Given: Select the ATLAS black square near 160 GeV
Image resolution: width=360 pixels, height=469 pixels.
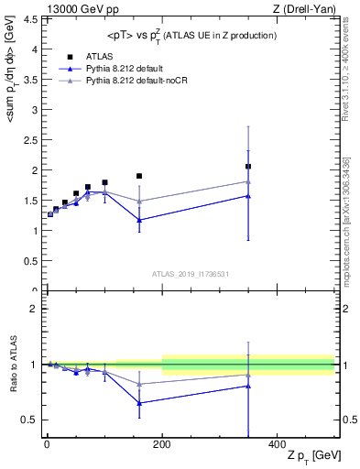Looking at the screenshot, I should (139, 176).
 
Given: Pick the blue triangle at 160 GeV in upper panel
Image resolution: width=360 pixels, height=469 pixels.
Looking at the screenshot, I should (139, 220).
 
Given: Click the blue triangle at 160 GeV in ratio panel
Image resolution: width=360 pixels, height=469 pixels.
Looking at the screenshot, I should (139, 403).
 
